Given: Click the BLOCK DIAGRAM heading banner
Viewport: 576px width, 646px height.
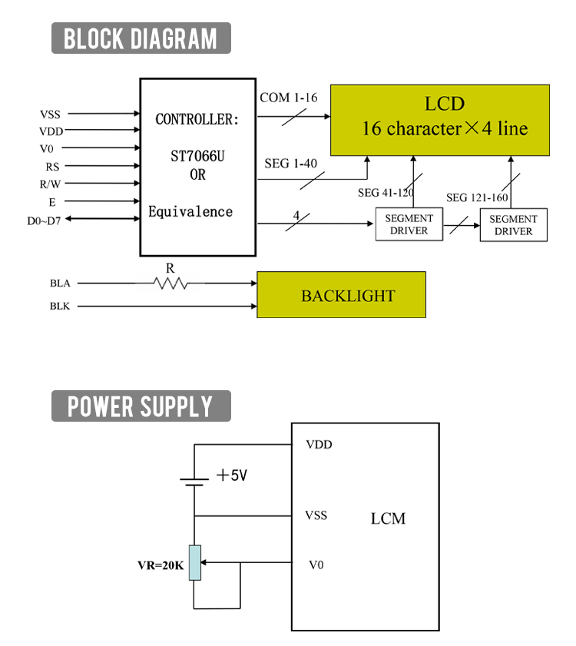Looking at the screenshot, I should coord(141,38).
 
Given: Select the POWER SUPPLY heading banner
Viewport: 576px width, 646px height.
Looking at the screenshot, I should coord(141,406).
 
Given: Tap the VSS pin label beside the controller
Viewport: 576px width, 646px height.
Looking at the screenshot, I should coord(51,114).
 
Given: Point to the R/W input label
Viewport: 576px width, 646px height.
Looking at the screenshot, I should coord(51,184).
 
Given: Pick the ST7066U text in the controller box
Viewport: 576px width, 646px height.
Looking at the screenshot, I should coord(197,157).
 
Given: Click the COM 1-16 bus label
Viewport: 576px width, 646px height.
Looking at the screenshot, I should coord(288,98).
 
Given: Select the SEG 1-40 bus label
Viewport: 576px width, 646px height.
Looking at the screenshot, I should coord(288,164).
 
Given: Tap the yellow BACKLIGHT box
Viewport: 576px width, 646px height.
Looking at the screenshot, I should coord(341,295).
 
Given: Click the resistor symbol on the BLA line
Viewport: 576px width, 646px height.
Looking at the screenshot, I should coord(170,283).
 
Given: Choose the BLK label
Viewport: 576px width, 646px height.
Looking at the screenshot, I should coord(60,306).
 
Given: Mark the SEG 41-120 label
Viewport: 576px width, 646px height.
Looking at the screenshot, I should coord(386,193).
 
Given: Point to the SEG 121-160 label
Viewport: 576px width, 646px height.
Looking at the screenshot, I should coord(477,197).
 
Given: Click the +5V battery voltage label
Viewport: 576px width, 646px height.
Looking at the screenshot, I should coord(232,476).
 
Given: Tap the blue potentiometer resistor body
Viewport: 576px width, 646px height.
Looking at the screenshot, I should coord(195,562).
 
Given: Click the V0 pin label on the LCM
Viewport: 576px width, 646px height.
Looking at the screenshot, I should coord(316,565).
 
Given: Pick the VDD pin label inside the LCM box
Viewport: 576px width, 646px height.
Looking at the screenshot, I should coord(319,444).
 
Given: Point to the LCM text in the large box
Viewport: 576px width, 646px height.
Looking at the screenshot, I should coord(388,518).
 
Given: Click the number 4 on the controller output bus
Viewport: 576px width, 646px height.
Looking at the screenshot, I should coord(296,216).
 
